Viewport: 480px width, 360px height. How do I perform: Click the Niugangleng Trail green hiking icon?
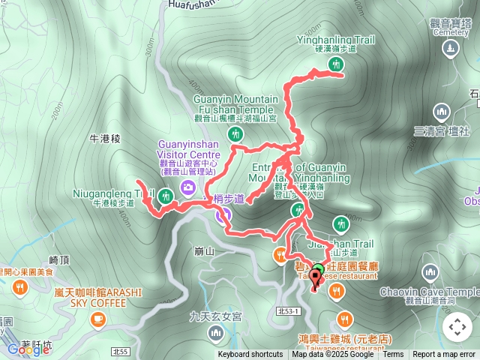pos(166,197)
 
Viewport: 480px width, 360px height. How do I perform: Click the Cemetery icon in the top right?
pos(450,49)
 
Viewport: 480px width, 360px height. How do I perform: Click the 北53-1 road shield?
pos(288,311)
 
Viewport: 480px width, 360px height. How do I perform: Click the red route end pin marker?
pos(314,281)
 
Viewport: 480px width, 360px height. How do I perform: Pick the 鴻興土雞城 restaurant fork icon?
pos(343,318)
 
